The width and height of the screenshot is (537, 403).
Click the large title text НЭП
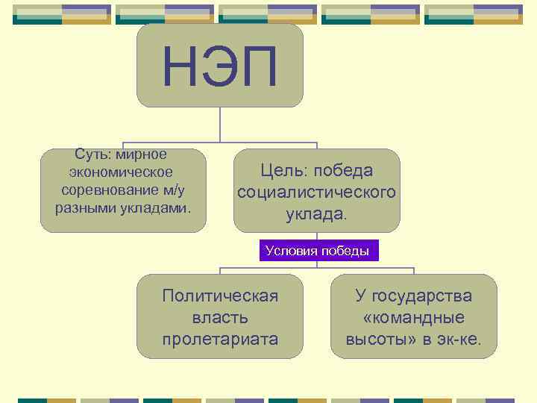coord(220,66)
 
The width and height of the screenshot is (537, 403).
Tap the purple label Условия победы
coord(318,251)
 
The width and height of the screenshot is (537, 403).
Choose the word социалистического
coord(316,193)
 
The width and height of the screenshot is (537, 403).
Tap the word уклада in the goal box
coord(314,214)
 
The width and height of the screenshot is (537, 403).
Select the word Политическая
coord(220,296)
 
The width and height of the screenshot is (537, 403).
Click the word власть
coord(220,317)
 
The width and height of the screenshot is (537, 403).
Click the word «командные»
coord(413,317)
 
